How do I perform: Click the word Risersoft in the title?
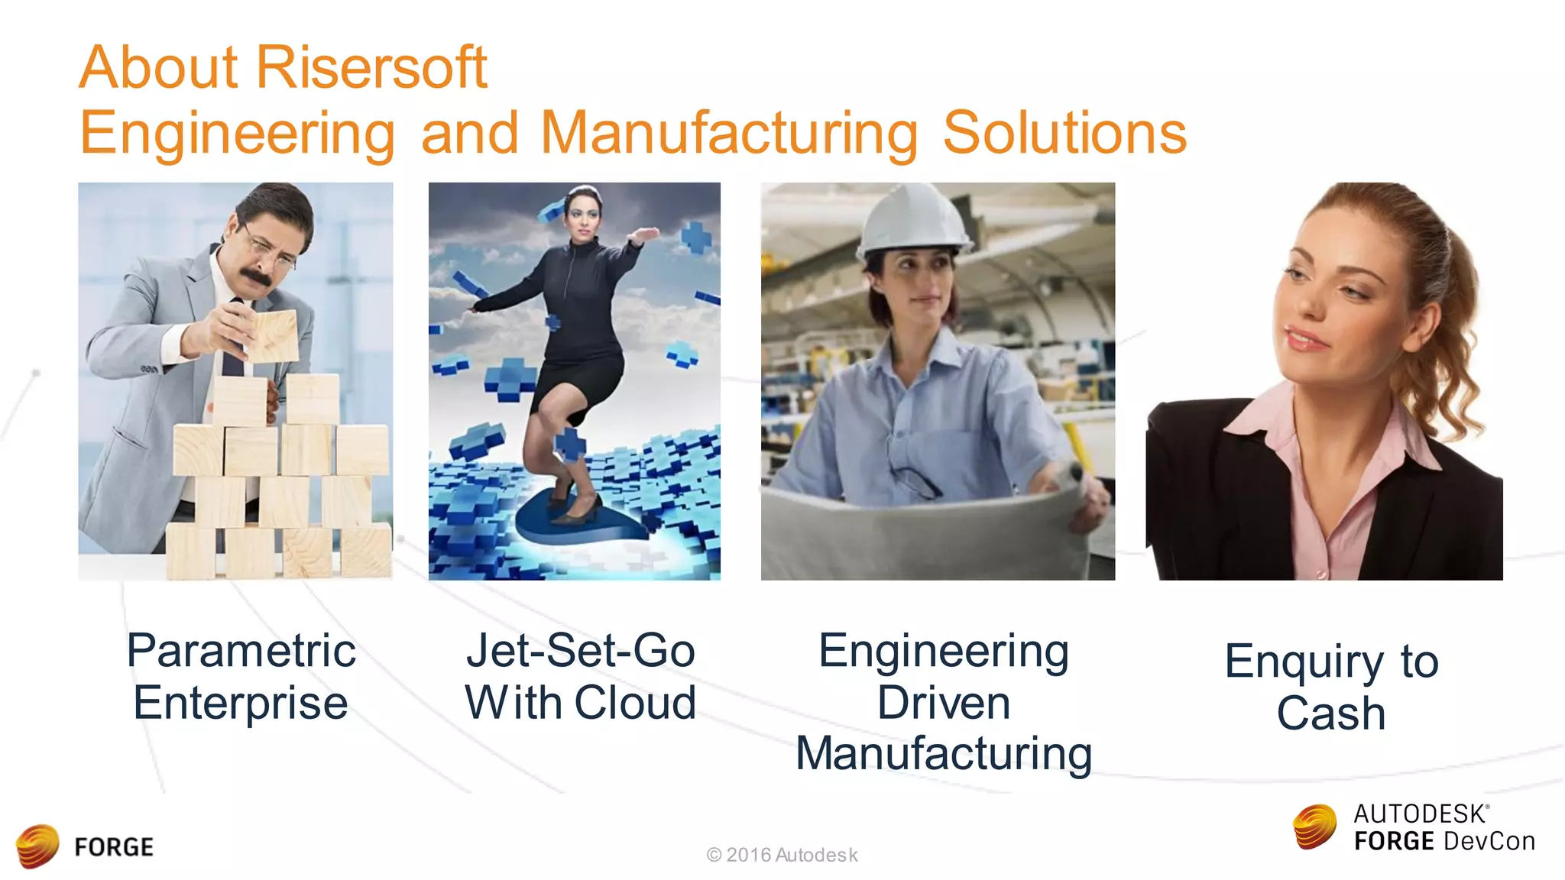click(x=371, y=67)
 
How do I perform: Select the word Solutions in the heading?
click(x=1064, y=133)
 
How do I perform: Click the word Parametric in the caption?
click(x=241, y=651)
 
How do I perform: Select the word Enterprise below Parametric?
click(x=241, y=703)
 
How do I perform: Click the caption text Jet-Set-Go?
click(x=581, y=651)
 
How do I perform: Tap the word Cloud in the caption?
click(x=635, y=703)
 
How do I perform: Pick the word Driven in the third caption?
click(x=943, y=703)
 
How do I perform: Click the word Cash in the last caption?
click(x=1331, y=713)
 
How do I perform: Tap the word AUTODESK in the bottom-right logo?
click(x=1420, y=814)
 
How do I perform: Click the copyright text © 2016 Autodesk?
click(x=782, y=855)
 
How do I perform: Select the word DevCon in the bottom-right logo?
click(x=1489, y=842)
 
